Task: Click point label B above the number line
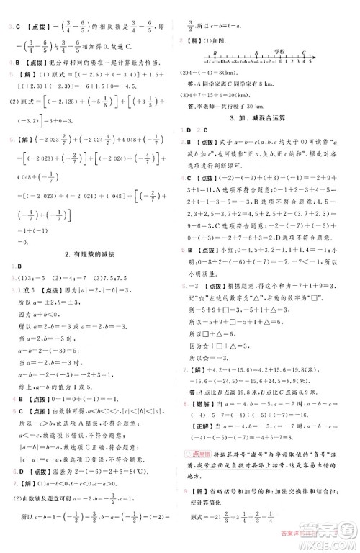point(208,52)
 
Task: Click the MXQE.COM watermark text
point(316,544)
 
